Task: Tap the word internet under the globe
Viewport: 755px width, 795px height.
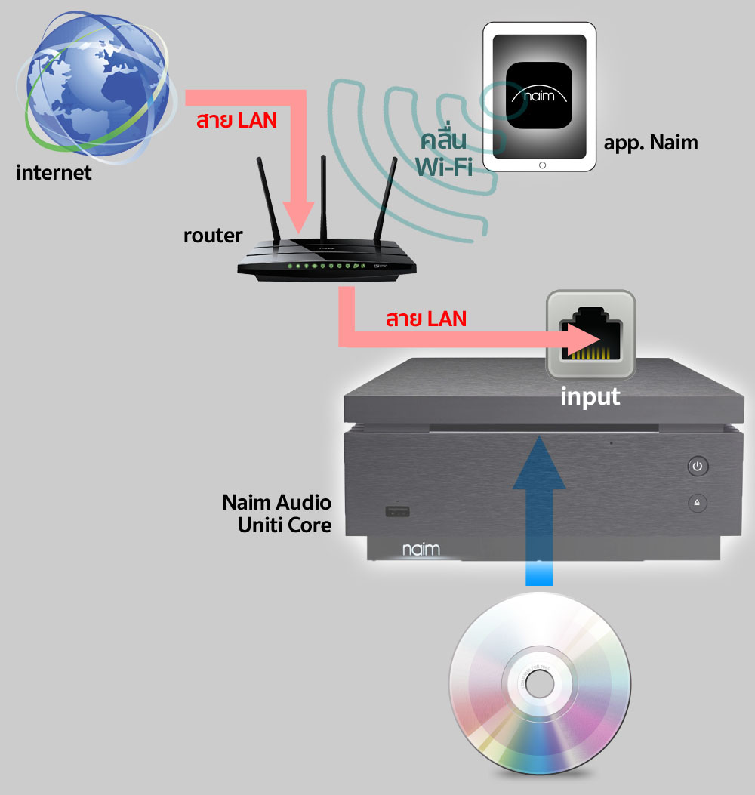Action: [54, 173]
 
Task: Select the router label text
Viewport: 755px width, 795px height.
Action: [213, 236]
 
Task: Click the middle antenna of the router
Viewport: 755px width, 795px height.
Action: [323, 196]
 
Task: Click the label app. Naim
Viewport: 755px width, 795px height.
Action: [651, 142]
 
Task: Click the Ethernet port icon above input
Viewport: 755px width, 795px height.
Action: [591, 334]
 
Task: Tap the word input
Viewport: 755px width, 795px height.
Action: [590, 396]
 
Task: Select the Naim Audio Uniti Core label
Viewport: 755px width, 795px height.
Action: [277, 513]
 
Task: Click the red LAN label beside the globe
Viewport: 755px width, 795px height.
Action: [236, 120]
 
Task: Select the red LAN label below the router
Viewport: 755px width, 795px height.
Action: [425, 318]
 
